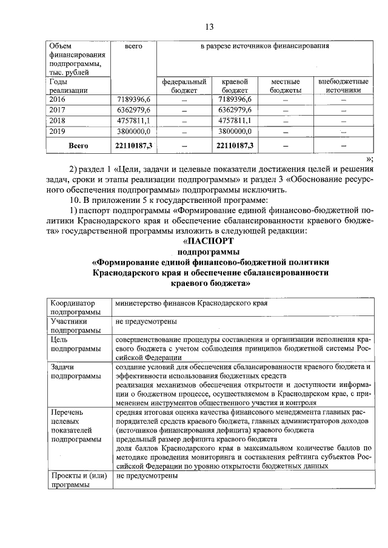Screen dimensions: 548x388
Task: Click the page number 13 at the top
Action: coord(210,26)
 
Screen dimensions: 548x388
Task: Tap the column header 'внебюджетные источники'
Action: coord(343,85)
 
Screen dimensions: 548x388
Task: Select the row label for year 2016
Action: coord(58,99)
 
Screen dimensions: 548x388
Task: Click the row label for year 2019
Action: coord(58,130)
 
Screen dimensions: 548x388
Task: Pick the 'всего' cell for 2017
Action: coord(133,110)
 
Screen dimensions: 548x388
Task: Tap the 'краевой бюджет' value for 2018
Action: coord(235,120)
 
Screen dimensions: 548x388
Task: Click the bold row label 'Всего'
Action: coord(78,145)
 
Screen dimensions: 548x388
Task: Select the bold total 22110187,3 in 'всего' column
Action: coord(133,145)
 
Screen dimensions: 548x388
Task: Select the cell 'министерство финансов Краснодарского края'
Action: coord(192,304)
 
